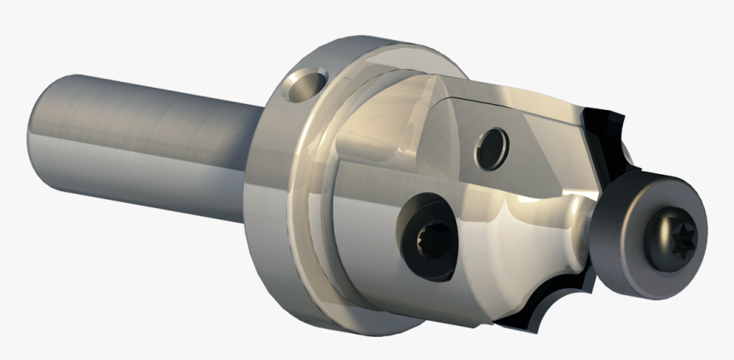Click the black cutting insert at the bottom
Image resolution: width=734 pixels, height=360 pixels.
coord(546,307)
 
